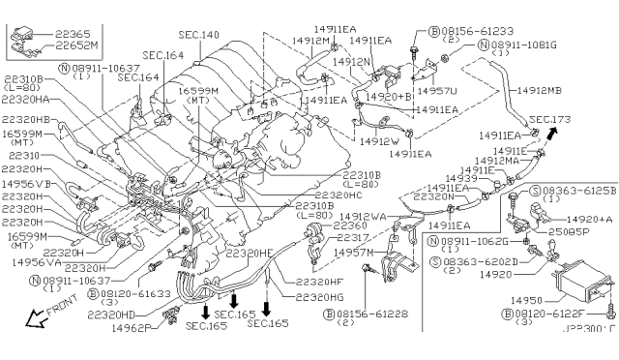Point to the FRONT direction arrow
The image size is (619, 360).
pyautogui.click(x=42, y=315)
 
